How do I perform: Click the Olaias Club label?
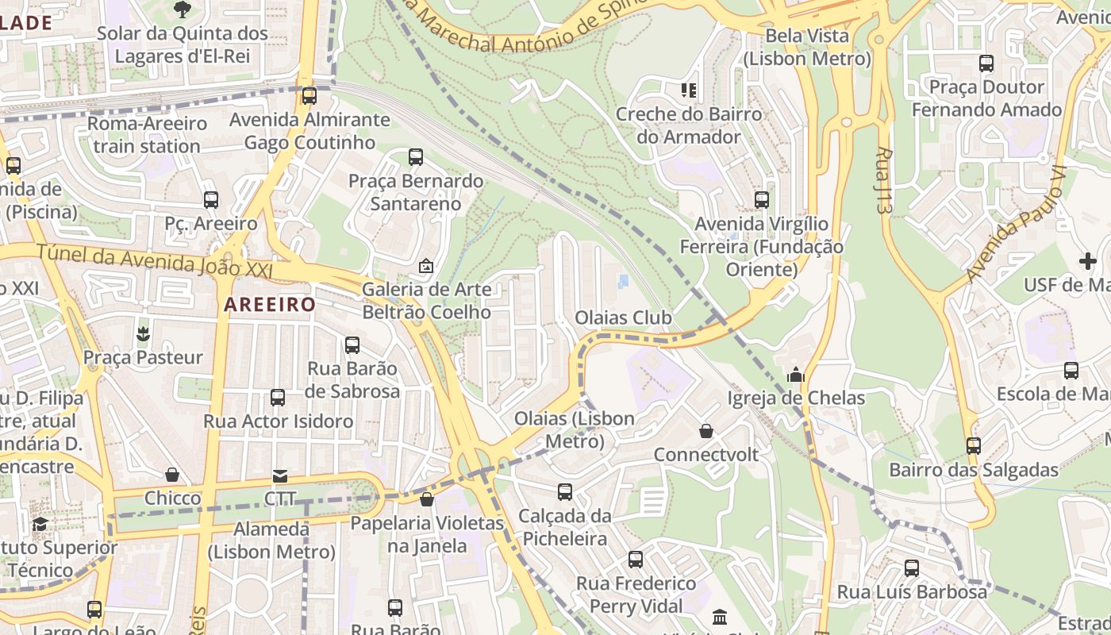tap(623, 318)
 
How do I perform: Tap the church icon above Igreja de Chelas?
tap(796, 374)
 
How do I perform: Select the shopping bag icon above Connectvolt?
tap(706, 431)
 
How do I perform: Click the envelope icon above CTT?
tap(280, 475)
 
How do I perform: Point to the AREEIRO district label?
tap(270, 304)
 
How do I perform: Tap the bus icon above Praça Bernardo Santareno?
tap(416, 157)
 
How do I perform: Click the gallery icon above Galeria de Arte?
tap(426, 266)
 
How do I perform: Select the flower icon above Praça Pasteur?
tap(143, 333)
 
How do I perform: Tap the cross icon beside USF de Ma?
tap(1087, 260)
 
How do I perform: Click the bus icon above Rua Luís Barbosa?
tap(912, 568)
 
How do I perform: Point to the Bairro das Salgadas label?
tap(973, 470)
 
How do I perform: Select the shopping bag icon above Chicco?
tap(172, 475)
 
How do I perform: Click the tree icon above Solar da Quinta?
tap(182, 10)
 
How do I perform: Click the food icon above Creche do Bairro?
tap(688, 90)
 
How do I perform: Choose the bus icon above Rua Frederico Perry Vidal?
tap(636, 560)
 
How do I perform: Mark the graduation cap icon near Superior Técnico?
tap(40, 524)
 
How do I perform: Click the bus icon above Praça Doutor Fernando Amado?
tap(986, 63)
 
